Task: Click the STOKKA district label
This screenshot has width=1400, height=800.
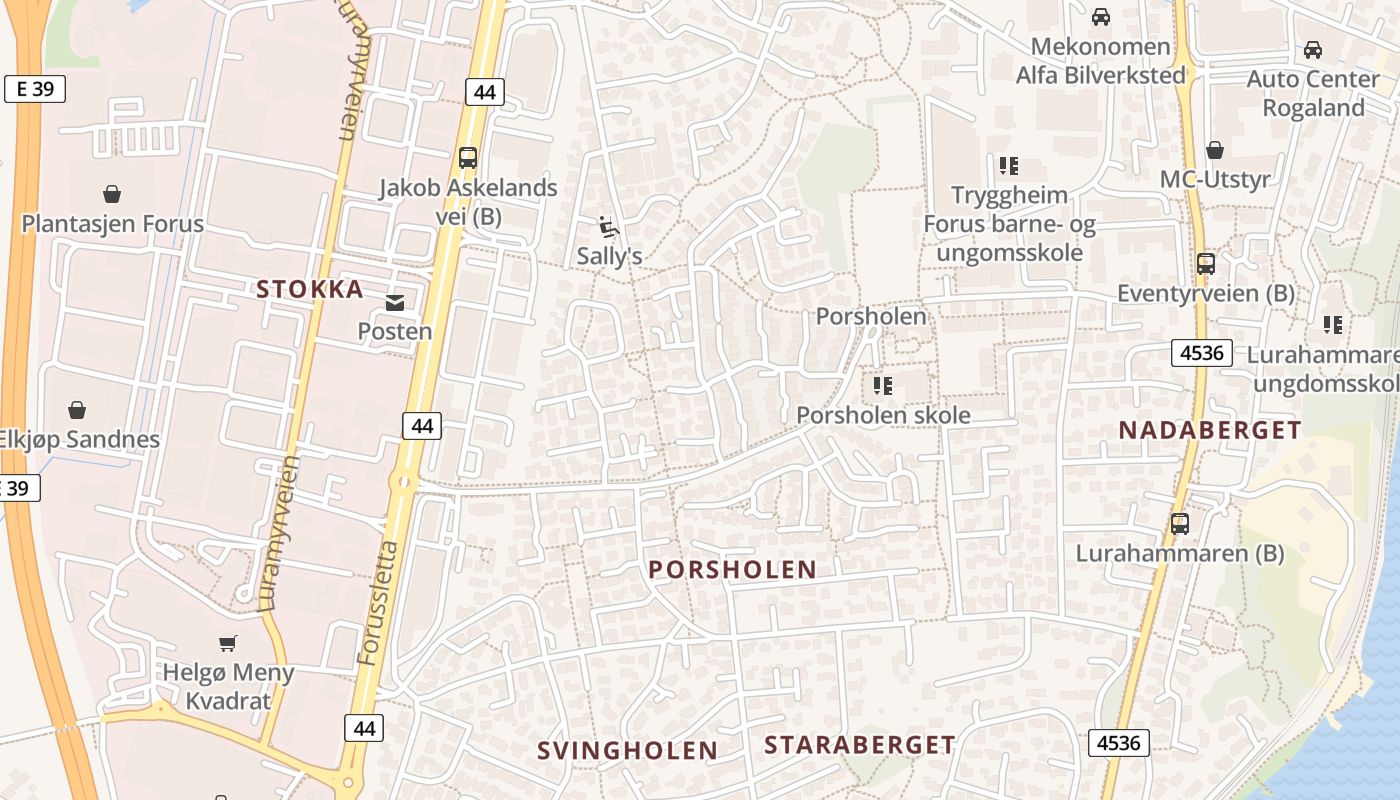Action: tap(310, 290)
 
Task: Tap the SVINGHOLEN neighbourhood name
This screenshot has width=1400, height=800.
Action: tap(627, 751)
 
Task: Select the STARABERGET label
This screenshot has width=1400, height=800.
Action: tap(860, 745)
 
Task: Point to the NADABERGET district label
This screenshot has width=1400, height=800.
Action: tap(1210, 431)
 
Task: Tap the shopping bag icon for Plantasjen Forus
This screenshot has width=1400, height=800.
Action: tap(112, 194)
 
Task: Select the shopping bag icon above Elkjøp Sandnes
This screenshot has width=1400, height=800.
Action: tap(77, 410)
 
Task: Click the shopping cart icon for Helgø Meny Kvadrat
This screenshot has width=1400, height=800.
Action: tap(228, 643)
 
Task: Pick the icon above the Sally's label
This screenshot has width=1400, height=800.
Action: tap(608, 226)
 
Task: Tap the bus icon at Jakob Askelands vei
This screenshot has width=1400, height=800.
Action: tap(467, 157)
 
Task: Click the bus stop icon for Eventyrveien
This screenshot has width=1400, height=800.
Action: tap(1206, 264)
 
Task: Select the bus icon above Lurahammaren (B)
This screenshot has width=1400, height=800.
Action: tap(1180, 523)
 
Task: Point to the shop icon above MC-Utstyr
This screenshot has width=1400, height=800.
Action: tap(1215, 150)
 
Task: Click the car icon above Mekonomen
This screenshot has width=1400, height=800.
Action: tap(1101, 17)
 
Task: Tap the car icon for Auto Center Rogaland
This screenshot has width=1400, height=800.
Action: tap(1313, 49)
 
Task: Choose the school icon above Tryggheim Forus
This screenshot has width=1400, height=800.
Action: tap(1008, 165)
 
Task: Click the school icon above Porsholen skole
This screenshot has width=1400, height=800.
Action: tap(882, 385)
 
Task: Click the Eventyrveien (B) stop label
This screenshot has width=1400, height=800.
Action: tap(1206, 294)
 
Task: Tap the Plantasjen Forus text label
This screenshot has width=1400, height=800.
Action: tap(113, 224)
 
